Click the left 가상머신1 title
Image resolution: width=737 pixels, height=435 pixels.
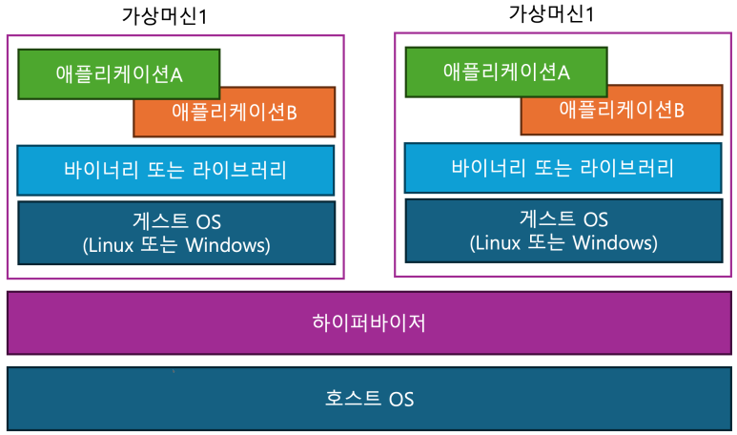pos(164,16)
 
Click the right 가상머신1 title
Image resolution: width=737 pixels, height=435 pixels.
pos(551,13)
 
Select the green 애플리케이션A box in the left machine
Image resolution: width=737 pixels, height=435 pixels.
pos(119,73)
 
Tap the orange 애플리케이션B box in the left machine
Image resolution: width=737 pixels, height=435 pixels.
pos(235,112)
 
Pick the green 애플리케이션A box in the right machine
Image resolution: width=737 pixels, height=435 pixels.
pos(506,72)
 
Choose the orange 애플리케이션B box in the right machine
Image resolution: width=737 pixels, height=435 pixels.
pos(622,110)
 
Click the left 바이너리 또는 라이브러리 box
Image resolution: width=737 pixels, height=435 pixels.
pos(175,170)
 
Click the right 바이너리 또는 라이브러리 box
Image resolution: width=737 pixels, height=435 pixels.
pos(563,168)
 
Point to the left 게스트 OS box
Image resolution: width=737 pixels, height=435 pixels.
pos(176,233)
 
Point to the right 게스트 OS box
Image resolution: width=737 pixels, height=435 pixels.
pos(563,231)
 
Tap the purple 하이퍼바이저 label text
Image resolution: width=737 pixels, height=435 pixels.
pos(369,323)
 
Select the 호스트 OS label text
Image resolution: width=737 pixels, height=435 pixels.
pos(369,399)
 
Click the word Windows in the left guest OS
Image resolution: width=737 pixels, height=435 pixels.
pos(225,245)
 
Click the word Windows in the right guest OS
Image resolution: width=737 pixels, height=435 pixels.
pos(612,242)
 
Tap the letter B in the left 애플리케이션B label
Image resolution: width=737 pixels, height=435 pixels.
pos(292,113)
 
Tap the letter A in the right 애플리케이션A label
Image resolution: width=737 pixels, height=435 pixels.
pos(563,72)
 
